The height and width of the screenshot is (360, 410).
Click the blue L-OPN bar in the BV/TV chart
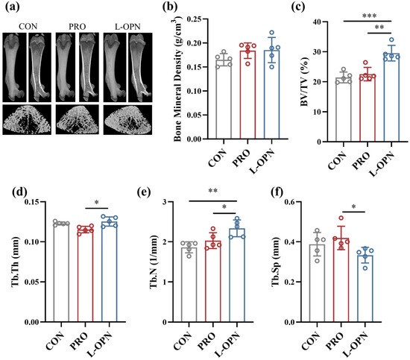tap(391, 98)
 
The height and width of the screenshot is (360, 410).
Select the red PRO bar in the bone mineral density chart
tap(247, 95)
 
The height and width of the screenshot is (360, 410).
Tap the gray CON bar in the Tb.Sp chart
tap(317, 283)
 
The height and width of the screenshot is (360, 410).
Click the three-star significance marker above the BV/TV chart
tap(370, 16)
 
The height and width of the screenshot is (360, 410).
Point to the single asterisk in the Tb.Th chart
tap(97, 203)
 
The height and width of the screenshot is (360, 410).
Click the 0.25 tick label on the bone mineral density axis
tap(195, 19)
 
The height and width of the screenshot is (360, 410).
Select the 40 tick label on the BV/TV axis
tap(317, 22)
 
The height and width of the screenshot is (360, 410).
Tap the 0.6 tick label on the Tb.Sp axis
tap(290, 202)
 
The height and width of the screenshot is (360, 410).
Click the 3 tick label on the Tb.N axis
tap(165, 202)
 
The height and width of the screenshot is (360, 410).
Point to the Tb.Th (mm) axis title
tap(16, 262)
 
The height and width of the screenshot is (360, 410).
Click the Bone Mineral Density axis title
tap(178, 79)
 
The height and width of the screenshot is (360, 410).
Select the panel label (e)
tap(144, 193)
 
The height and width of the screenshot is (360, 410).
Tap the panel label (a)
tap(12, 7)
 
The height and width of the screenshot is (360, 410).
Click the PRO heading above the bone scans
tap(77, 27)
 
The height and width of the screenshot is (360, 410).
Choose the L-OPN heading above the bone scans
tap(127, 27)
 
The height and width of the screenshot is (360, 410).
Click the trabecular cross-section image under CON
tap(27, 120)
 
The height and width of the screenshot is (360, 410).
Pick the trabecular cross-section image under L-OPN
tap(127, 120)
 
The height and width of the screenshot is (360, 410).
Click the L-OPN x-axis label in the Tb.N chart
tap(227, 344)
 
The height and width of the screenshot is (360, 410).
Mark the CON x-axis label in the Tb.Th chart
tap(54, 341)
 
